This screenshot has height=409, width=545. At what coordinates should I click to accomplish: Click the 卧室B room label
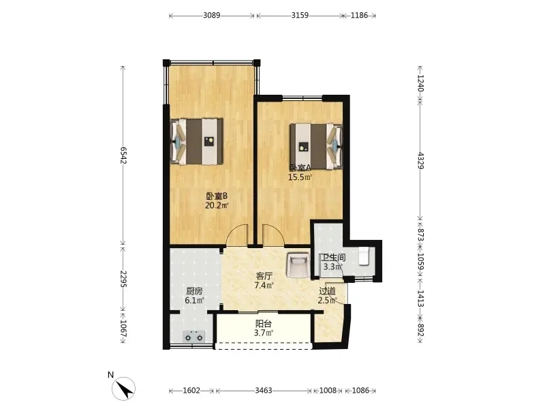tap(216, 196)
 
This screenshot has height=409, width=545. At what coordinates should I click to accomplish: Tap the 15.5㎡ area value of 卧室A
tap(300, 177)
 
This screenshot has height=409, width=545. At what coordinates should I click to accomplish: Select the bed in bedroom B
tap(196, 141)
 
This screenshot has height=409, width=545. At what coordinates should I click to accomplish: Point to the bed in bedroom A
tap(316, 147)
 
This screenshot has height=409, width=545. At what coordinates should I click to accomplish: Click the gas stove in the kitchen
tap(194, 336)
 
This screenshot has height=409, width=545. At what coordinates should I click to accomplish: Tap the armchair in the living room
tap(298, 265)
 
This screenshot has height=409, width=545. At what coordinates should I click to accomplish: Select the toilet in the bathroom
tap(363, 256)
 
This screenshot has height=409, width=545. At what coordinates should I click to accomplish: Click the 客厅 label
tap(264, 277)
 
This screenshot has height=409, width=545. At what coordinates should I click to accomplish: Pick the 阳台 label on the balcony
tap(264, 324)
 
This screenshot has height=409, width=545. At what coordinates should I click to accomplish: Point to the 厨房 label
tap(194, 292)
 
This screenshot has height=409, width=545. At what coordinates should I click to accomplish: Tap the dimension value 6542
tap(124, 155)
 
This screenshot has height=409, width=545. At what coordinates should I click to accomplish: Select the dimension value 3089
tap(212, 15)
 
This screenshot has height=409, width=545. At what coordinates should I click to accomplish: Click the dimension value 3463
tap(264, 391)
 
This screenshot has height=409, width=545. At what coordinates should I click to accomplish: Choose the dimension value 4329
tap(420, 160)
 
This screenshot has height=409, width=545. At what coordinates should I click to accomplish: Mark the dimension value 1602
tap(191, 391)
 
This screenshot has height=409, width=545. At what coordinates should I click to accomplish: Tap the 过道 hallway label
tap(328, 291)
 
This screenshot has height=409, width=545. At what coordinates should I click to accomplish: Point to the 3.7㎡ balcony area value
tap(264, 333)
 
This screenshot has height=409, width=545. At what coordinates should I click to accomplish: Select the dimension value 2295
tap(124, 279)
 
